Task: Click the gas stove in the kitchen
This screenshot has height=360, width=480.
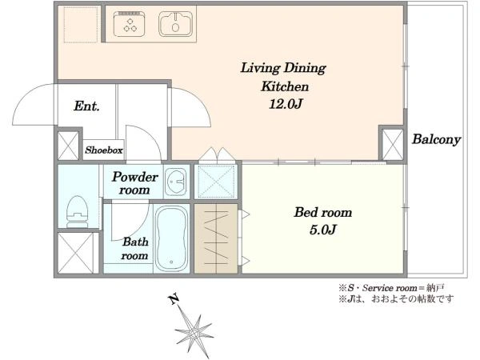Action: [129, 24]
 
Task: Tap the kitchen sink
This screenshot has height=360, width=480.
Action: [175, 24]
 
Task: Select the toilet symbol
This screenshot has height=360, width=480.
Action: [78, 211]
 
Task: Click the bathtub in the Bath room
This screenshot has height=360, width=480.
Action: [171, 239]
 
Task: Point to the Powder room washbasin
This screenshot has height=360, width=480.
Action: [176, 182]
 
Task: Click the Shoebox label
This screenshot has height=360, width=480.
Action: [104, 150]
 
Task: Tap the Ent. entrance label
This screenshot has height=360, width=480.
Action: [86, 106]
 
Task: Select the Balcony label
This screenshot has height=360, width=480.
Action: [436, 139]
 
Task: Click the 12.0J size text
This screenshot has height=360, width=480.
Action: [286, 104]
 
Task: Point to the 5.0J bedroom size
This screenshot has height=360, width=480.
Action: [323, 230]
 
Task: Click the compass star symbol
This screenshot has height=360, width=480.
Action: [194, 332]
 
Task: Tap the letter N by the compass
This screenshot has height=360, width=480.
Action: [174, 299]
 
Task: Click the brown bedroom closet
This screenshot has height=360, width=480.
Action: [216, 238]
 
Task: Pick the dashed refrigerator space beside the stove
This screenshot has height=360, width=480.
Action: [81, 24]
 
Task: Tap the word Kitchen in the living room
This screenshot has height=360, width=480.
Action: [285, 86]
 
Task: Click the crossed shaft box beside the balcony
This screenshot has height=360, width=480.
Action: [393, 145]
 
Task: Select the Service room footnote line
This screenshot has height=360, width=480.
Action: [391, 288]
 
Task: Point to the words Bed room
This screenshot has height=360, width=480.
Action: [323, 213]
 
